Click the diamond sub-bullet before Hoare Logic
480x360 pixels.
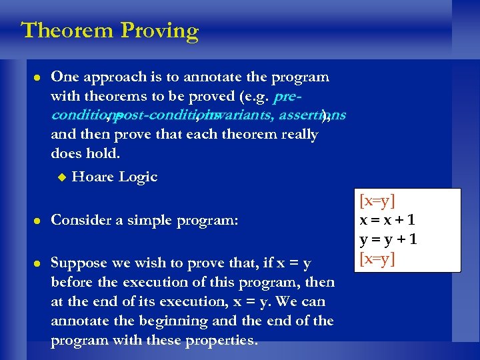[x=61, y=177]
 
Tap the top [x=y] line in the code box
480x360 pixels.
[x=377, y=200]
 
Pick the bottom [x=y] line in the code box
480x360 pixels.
[x=377, y=258]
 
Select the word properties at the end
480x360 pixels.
[x=223, y=341]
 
